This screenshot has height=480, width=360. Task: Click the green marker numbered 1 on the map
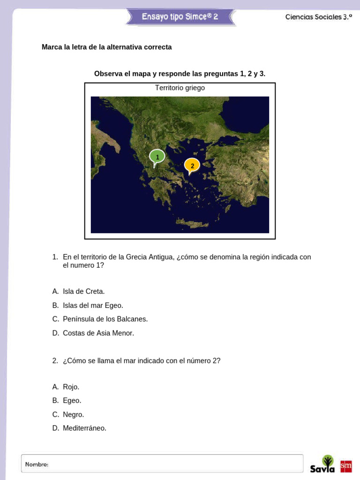(x=157, y=157)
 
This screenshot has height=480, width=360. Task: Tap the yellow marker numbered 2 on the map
(x=192, y=165)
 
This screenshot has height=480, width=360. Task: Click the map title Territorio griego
(x=180, y=88)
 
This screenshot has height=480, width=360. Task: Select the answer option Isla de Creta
(x=83, y=292)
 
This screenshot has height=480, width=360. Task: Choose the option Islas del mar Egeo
(x=93, y=306)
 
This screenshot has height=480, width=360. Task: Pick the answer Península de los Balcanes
(x=105, y=319)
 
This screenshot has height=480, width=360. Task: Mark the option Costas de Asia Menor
(x=98, y=333)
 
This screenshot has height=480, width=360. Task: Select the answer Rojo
(x=71, y=387)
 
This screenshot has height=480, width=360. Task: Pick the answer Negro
(x=73, y=415)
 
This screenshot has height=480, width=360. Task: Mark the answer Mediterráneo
(x=84, y=428)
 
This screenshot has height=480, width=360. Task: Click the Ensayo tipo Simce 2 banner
(x=180, y=17)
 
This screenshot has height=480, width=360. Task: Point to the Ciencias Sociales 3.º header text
(x=318, y=17)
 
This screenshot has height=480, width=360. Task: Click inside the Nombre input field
(x=173, y=464)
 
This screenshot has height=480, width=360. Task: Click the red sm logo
(x=346, y=466)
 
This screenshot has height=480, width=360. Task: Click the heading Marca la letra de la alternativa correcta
(x=106, y=47)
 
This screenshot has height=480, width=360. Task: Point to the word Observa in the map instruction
(x=108, y=74)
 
